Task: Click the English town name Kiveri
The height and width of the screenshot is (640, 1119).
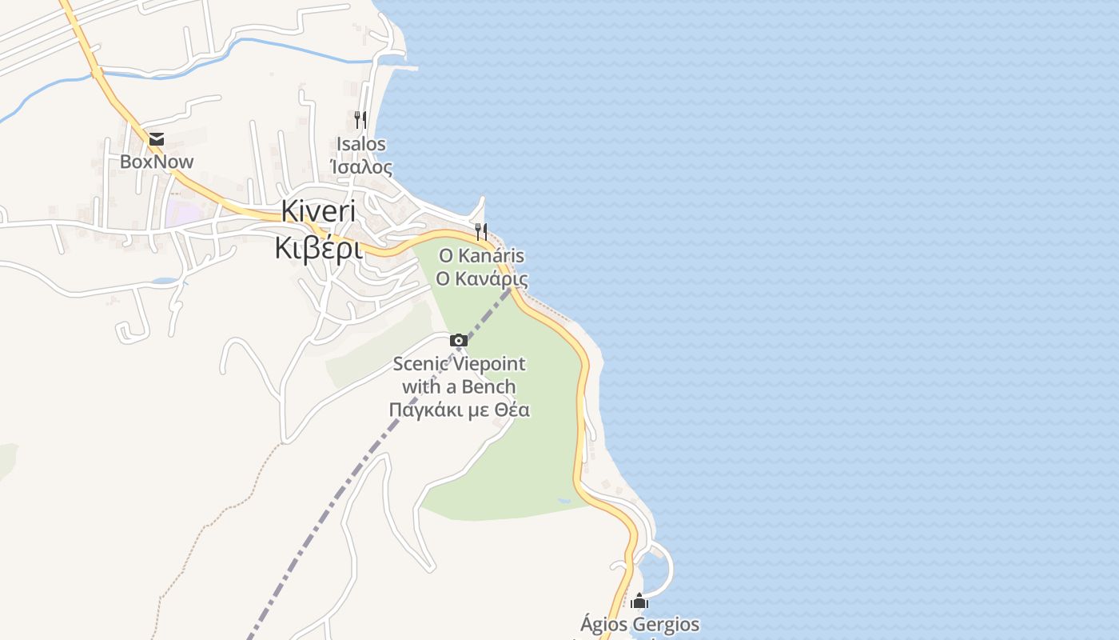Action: (318, 211)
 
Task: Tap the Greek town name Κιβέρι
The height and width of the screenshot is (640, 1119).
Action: (318, 248)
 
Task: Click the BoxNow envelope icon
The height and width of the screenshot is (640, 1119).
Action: (156, 140)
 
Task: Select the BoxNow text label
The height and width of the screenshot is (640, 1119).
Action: (157, 162)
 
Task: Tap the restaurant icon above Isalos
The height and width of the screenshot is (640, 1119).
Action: (360, 120)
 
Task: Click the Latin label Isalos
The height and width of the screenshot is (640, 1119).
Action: (361, 145)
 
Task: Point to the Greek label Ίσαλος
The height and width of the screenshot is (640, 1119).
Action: (361, 167)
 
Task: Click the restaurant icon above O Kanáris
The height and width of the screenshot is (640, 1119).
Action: (481, 232)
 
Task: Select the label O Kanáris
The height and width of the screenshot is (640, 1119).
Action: (481, 256)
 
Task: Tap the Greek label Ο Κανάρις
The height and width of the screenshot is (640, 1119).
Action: (481, 278)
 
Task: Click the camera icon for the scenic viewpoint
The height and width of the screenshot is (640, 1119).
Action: (459, 341)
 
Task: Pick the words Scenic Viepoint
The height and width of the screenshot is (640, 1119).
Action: (459, 364)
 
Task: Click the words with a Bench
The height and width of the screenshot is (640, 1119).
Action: (459, 387)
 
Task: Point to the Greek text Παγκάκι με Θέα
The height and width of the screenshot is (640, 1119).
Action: (459, 410)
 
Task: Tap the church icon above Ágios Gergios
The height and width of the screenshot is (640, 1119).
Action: (639, 601)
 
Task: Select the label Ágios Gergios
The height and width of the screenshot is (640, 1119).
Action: (639, 624)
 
